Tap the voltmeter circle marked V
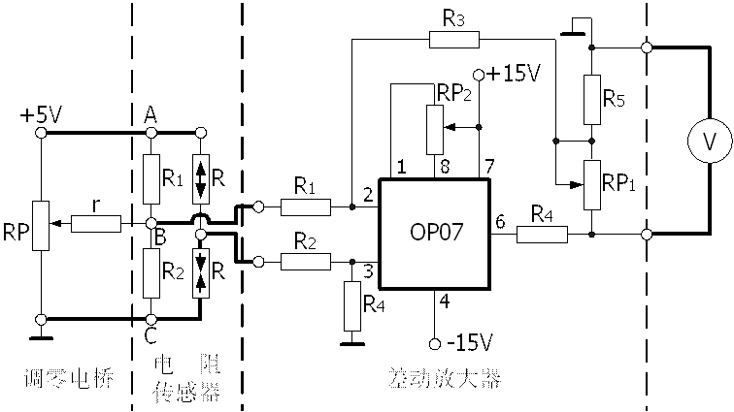[710, 143]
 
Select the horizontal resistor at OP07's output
[542, 234]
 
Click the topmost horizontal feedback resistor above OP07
[453, 40]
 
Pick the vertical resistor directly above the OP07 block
[435, 129]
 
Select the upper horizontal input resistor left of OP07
[305, 207]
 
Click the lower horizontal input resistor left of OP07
[305, 262]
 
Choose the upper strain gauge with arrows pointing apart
[201, 178]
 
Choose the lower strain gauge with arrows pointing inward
[201, 272]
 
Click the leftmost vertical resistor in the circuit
[41, 226]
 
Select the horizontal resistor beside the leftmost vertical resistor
[96, 224]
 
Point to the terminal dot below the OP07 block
[436, 342]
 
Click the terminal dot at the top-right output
[647, 48]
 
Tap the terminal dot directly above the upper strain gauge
[201, 132]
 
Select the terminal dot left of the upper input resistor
[258, 207]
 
